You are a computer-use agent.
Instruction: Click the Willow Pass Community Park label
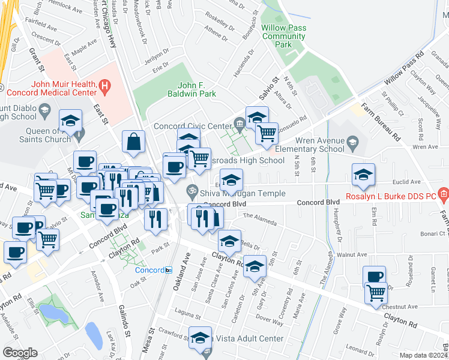(x=284, y=37)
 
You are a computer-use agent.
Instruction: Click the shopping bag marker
(x=133, y=142)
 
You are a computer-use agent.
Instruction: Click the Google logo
(x=20, y=352)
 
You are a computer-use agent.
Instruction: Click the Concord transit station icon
(x=169, y=270)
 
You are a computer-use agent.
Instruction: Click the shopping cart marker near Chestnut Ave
(x=376, y=293)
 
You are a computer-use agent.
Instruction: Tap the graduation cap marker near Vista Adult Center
(x=200, y=337)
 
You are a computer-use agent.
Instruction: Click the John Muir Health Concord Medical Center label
(x=51, y=88)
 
